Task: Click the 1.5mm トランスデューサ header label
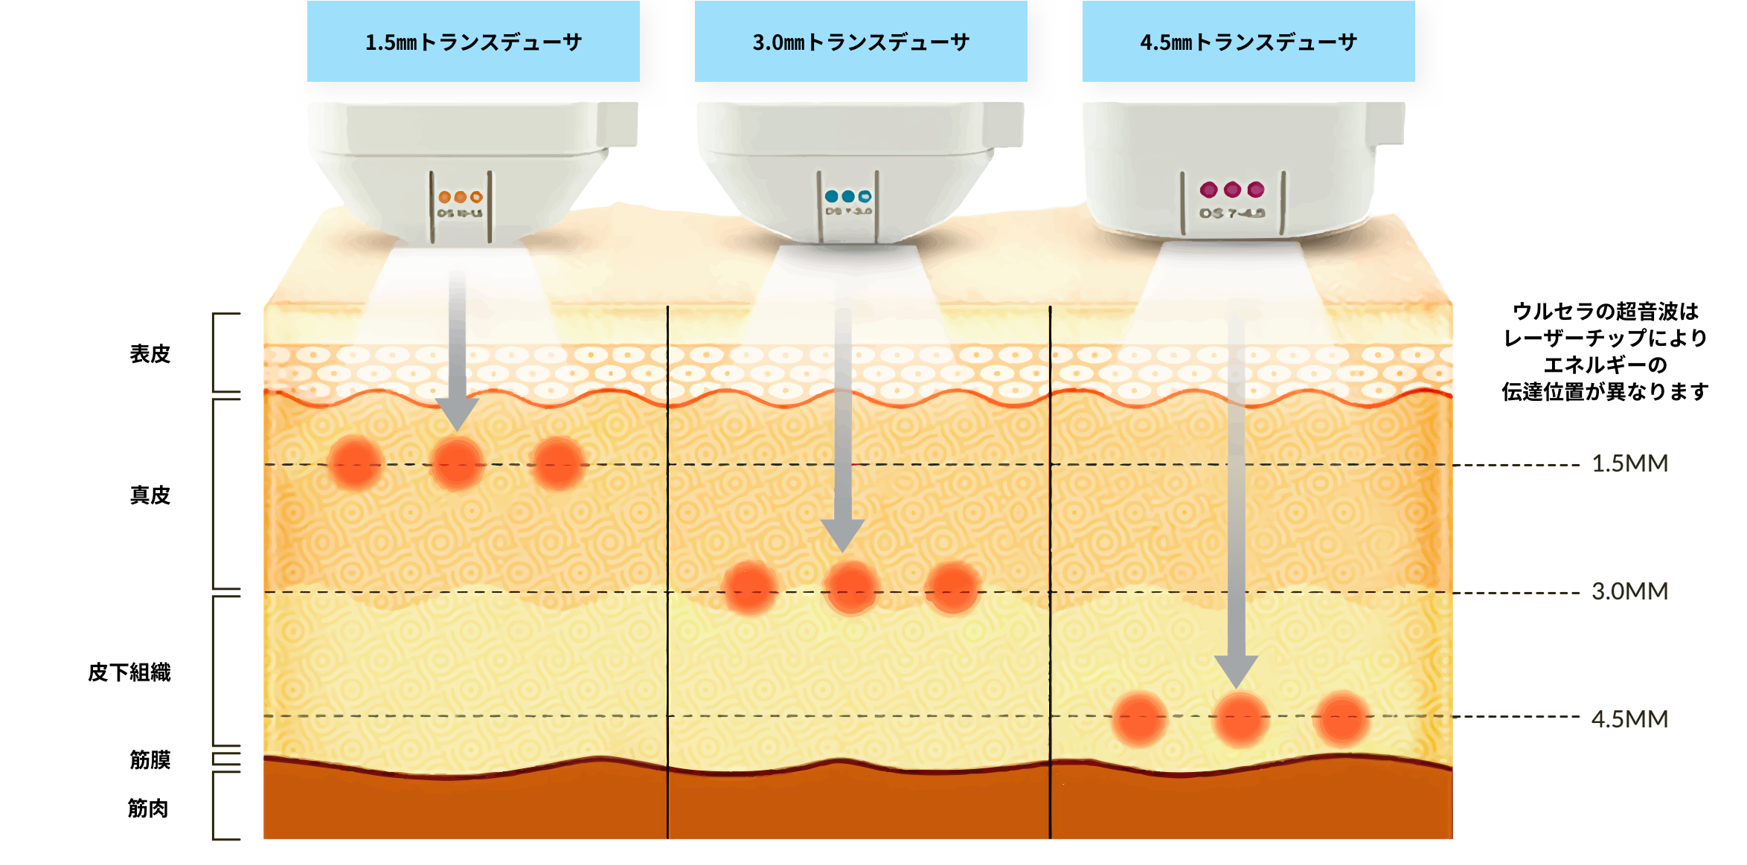coord(473,42)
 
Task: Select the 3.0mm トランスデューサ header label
coord(861,42)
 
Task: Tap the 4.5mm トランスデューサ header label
coord(1248,42)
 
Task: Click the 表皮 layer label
coord(150,354)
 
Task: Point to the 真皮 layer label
coord(150,495)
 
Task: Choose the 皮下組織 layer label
coord(129,672)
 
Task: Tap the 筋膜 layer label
coord(150,759)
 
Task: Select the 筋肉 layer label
coord(148,808)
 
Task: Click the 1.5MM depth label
coord(1629,464)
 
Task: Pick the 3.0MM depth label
coord(1629,592)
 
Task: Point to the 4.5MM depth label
coord(1629,719)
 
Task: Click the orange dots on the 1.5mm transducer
coord(460,197)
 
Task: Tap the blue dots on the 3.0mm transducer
coord(848,196)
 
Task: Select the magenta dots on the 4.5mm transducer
coord(1232,190)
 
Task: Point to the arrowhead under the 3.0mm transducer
coord(842,535)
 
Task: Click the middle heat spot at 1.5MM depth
coord(457,463)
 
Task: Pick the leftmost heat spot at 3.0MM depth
coord(750,588)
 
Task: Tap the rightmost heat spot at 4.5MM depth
coord(1341,718)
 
